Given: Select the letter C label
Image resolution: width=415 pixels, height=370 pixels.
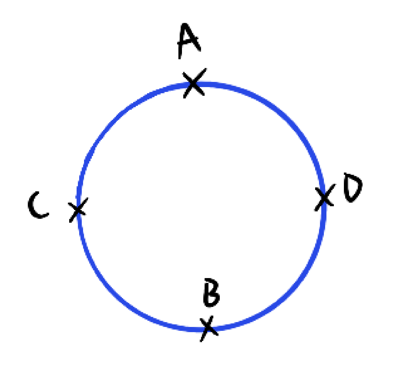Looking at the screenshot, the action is (x=37, y=206).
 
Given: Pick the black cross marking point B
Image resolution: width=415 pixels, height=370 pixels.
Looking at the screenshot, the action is (x=208, y=328).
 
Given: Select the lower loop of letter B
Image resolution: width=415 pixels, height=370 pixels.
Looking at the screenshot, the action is (x=212, y=299).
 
